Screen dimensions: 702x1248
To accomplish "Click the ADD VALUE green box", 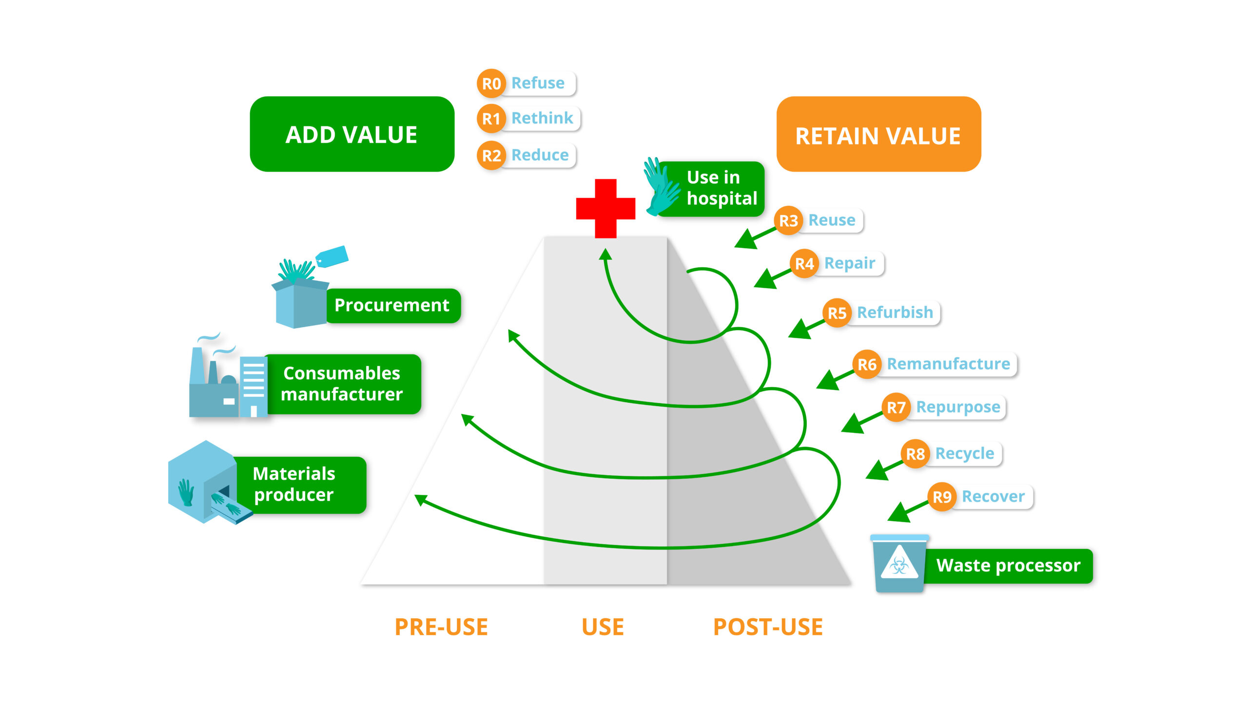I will (x=351, y=135).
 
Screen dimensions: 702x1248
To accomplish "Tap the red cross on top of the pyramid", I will (x=605, y=208).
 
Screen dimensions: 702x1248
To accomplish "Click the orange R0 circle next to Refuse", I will (x=491, y=83).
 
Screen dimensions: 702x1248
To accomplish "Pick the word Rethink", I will (x=542, y=118).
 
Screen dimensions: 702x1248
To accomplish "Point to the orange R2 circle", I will (x=491, y=156).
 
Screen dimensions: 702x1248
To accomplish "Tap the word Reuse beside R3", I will (x=832, y=220).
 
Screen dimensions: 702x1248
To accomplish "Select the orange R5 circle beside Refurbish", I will (x=837, y=313).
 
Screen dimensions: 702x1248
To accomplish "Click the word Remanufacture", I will (x=948, y=364).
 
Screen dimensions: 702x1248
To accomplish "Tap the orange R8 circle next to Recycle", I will (x=915, y=454).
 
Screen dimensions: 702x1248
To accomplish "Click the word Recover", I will (x=993, y=496).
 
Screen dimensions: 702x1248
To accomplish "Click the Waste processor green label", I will (x=1008, y=565).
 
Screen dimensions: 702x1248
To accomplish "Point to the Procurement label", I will (x=391, y=305).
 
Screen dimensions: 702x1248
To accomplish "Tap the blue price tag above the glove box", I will (x=332, y=256).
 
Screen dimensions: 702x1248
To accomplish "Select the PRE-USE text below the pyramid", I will (x=441, y=627).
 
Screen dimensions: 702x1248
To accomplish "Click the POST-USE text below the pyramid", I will (x=768, y=627).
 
